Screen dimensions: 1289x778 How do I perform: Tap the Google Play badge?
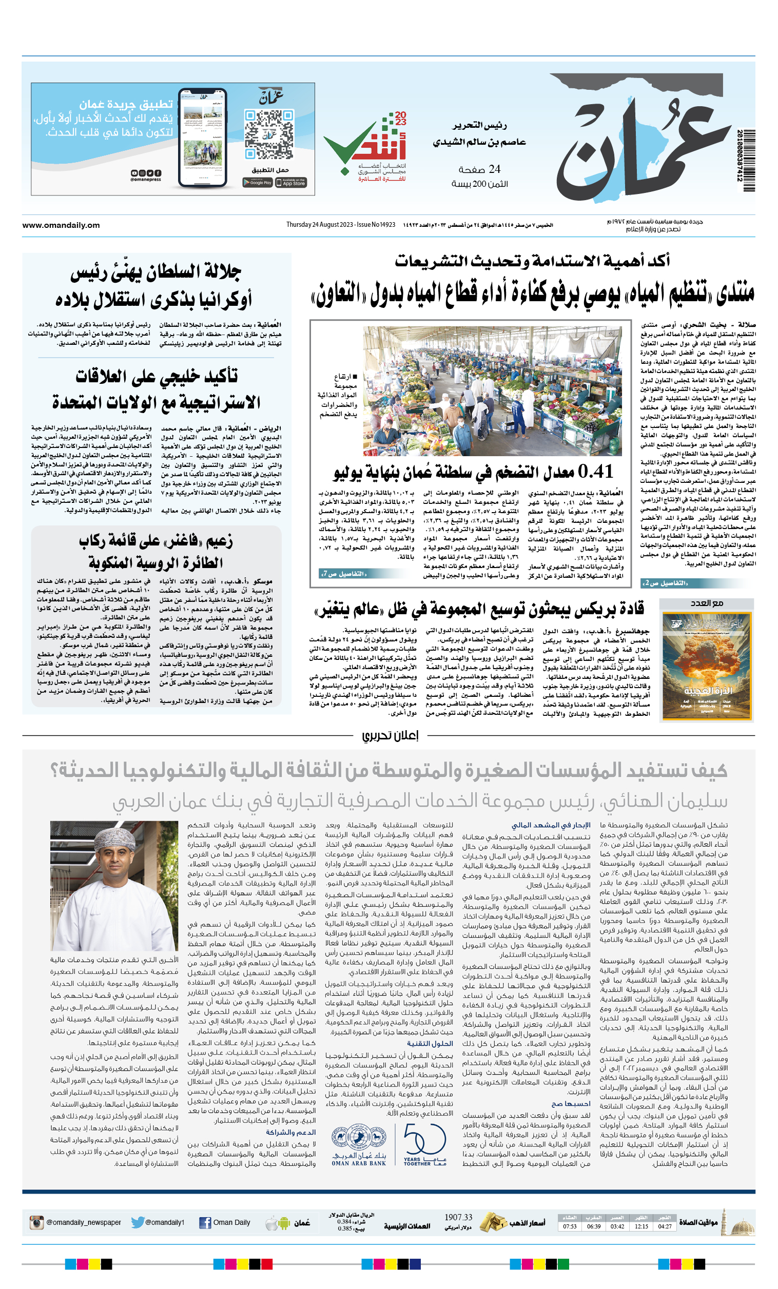tap(257, 183)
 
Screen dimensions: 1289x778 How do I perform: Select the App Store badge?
tap(291, 183)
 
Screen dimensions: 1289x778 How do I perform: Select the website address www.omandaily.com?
tap(61, 225)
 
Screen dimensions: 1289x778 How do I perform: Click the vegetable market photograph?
tap(492, 391)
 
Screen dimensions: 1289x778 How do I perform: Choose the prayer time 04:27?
tap(665, 1226)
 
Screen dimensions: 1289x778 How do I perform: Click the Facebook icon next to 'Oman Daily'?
tap(205, 1223)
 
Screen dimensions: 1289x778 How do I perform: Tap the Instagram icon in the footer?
tap(36, 1223)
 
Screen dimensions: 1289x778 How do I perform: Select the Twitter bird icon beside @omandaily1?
tap(138, 1222)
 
